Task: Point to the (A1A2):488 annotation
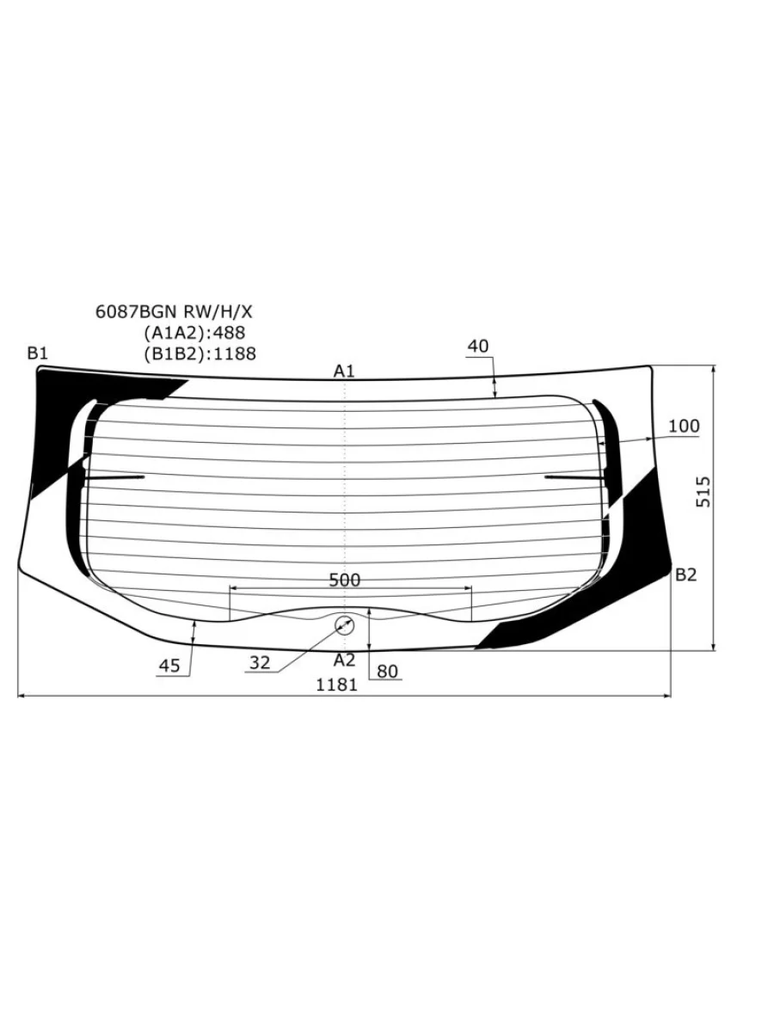click(194, 333)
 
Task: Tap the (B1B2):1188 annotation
click(200, 353)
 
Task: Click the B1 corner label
click(38, 353)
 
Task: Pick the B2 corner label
click(685, 574)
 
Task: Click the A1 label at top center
click(344, 372)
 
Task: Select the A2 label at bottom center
click(345, 660)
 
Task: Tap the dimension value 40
click(478, 347)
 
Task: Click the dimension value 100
click(684, 426)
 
